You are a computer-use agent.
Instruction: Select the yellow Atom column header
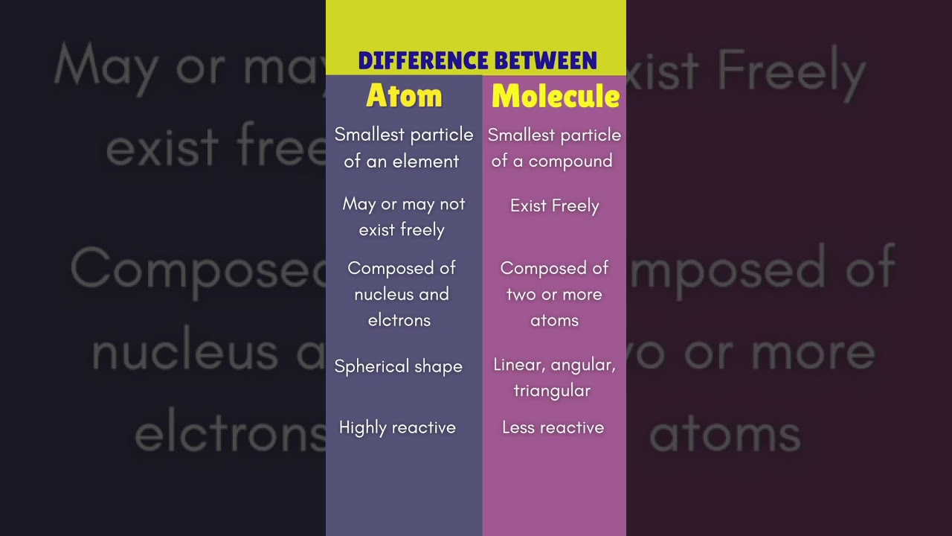404,96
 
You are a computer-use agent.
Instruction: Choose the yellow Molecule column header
555,96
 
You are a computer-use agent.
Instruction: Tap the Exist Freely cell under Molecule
554,206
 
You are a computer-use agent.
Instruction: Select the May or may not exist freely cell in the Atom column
403,217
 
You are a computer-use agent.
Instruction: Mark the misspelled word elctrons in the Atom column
399,320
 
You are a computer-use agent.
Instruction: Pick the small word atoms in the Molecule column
554,320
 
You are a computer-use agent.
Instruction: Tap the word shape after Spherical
439,366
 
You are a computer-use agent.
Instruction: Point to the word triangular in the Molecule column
552,391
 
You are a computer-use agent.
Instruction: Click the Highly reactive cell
397,427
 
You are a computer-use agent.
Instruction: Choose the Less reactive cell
553,427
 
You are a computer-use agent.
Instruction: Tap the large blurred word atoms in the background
725,433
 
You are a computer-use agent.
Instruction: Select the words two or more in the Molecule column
554,294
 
